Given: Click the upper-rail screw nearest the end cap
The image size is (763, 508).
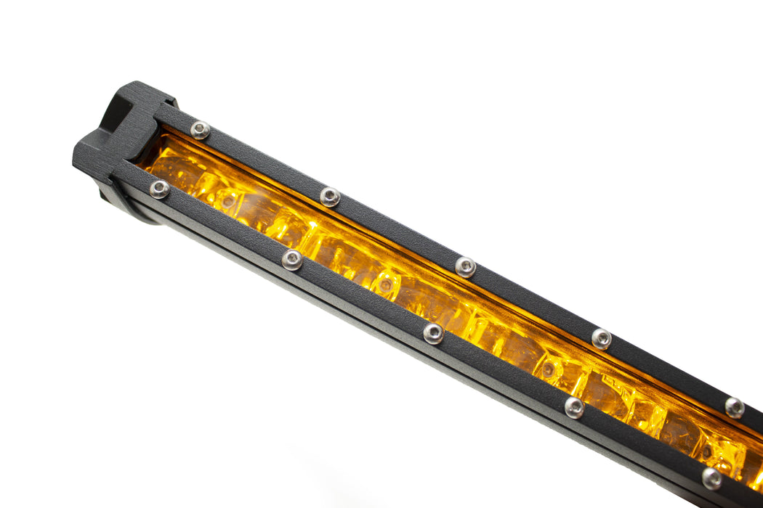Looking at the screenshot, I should point(200,130).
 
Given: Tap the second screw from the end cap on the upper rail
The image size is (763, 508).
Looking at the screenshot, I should point(330,197).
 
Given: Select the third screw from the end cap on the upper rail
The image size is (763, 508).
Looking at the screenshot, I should point(465,267).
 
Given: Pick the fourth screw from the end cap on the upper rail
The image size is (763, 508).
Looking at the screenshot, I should point(601,338).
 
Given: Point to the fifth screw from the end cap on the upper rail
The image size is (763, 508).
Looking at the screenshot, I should point(734,407).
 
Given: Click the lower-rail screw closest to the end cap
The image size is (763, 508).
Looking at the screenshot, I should point(159,189).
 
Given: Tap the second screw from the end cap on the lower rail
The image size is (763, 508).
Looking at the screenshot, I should point(291,260).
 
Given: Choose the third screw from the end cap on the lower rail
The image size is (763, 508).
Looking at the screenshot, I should point(433,333).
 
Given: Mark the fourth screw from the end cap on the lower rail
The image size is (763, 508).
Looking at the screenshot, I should point(574,407).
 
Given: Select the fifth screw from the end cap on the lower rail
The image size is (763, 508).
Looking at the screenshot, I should point(711,478).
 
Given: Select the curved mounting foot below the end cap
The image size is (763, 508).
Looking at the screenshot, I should point(127,207).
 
